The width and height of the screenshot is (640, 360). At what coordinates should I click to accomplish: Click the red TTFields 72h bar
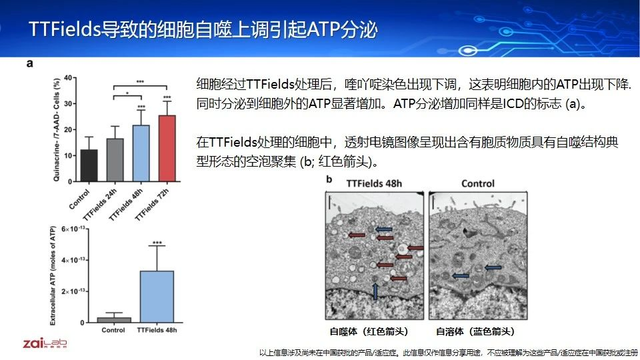[167, 148]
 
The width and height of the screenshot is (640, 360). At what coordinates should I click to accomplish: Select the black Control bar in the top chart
[89, 165]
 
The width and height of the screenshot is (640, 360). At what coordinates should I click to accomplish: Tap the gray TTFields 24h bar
[115, 160]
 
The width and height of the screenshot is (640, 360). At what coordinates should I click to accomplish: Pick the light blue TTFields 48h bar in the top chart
[141, 153]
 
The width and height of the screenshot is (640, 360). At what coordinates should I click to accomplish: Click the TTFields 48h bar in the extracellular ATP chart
[157, 297]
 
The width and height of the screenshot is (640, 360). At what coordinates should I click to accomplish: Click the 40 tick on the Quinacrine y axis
[68, 77]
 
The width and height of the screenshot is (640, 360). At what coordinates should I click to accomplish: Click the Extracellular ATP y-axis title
[53, 276]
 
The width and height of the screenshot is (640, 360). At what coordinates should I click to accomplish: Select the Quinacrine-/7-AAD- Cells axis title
[56, 130]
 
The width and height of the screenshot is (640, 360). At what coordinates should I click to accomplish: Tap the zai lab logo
[45, 343]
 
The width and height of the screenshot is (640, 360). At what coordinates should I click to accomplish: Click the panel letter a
[29, 64]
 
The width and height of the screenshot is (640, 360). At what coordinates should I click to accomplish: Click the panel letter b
[329, 179]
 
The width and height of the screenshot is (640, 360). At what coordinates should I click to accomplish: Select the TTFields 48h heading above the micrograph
[374, 184]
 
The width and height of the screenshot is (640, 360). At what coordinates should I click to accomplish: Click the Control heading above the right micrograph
[477, 184]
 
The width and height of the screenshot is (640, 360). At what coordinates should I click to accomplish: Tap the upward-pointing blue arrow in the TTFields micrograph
[375, 291]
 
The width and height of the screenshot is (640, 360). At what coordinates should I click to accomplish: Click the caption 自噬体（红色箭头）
[369, 331]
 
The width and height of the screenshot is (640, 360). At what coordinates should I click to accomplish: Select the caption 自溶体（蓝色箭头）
[475, 331]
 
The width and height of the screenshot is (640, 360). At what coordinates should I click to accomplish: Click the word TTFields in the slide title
[65, 29]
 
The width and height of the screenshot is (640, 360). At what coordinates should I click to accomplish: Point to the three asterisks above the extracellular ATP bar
[157, 243]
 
